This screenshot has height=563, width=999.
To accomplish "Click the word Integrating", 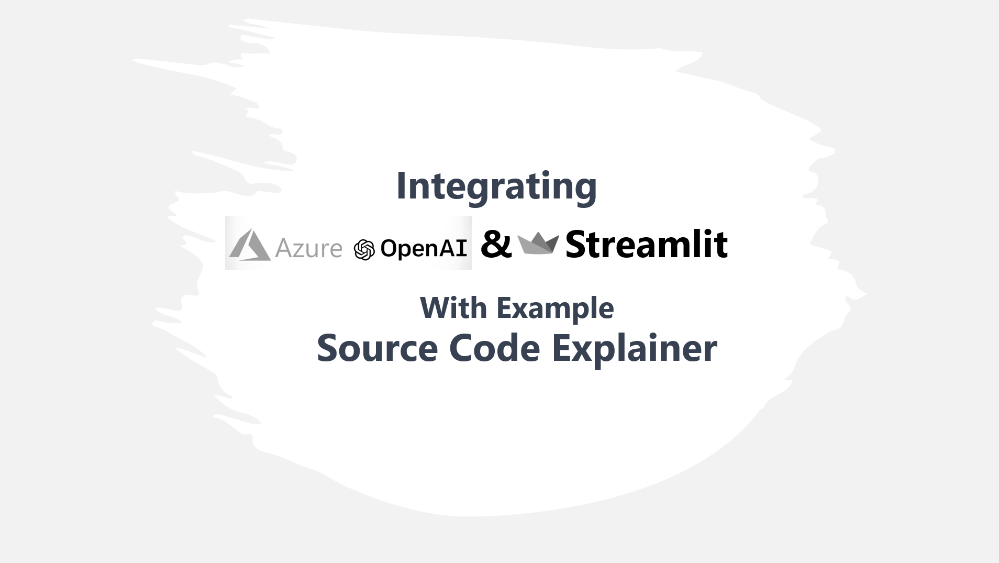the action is (x=496, y=187).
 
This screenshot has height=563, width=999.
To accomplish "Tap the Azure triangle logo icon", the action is (x=250, y=245).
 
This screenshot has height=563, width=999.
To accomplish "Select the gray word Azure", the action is (x=308, y=248).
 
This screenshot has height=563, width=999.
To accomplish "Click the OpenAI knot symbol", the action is (x=364, y=250).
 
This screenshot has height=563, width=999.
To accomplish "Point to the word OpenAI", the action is (x=424, y=248).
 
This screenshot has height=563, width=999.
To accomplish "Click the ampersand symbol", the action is (x=496, y=244).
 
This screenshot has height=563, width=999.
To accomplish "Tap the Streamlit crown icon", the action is (x=538, y=244).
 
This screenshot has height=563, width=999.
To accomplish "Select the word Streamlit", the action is (x=647, y=244).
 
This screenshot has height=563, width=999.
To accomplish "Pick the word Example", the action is (x=555, y=309).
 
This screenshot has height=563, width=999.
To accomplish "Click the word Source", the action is (x=378, y=348).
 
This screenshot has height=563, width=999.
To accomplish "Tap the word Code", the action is (x=495, y=348).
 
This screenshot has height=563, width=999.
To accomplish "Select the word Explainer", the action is (x=635, y=349).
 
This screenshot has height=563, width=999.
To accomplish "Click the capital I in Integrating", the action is (x=401, y=186).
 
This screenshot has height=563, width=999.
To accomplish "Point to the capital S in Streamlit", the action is (x=577, y=245).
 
